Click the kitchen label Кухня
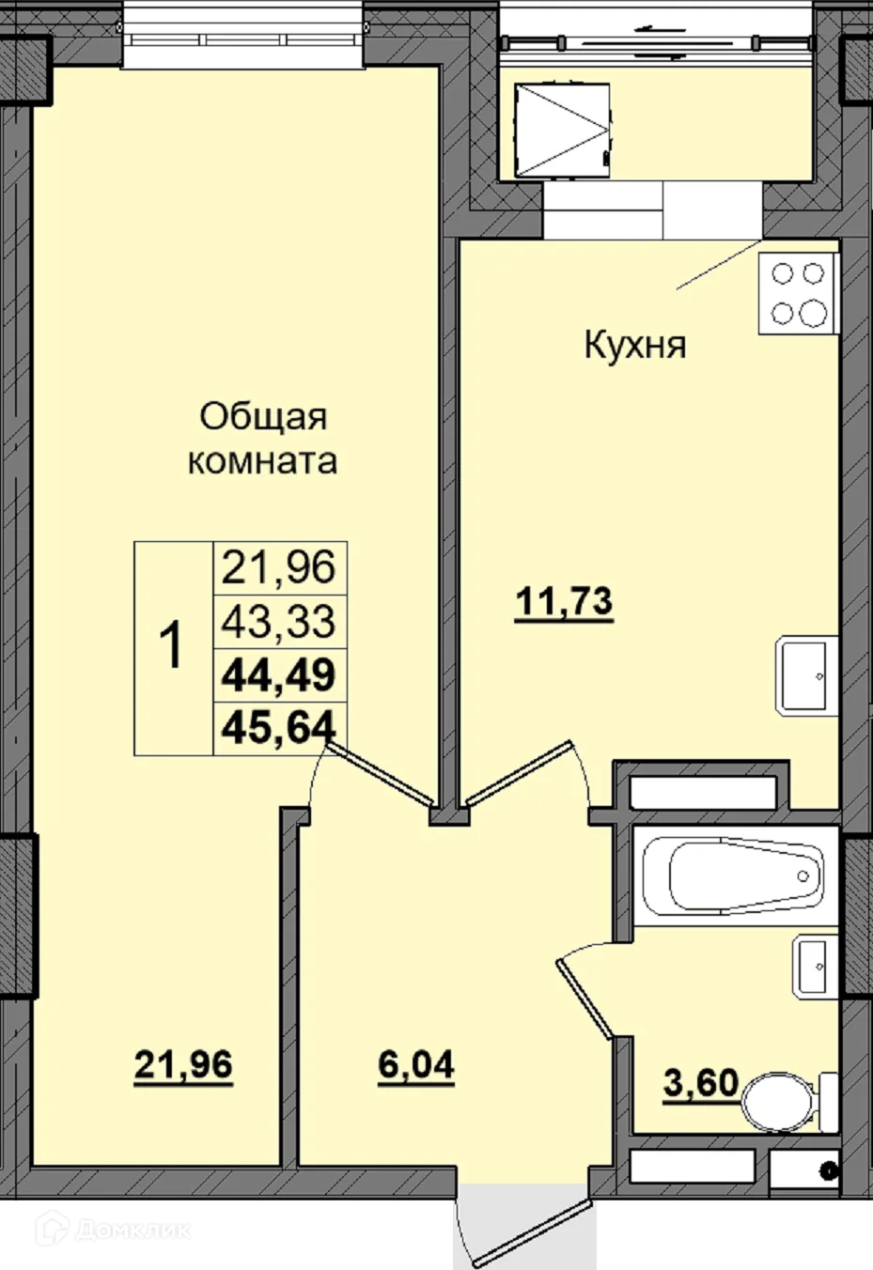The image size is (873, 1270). [635, 345]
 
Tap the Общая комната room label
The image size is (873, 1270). [263, 439]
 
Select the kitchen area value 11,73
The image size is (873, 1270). [564, 601]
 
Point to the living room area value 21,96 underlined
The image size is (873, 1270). [183, 1065]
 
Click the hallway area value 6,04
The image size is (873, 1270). [416, 1065]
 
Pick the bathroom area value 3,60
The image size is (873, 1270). [700, 1083]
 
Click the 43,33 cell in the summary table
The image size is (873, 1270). [279, 621]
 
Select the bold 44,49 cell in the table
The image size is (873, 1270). [279, 674]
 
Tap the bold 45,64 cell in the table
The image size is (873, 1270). [279, 726]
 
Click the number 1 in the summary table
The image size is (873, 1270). [173, 647]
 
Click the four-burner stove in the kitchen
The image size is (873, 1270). [798, 293]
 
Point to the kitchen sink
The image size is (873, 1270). [803, 675]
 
